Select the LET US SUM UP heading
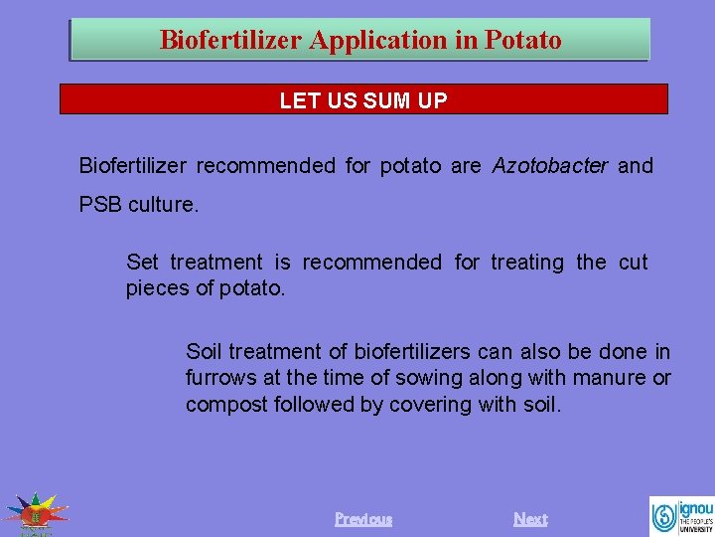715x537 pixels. [363, 100]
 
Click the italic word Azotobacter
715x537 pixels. [550, 166]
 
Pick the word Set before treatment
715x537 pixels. [142, 263]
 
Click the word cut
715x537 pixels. [633, 263]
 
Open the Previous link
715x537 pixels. [363, 519]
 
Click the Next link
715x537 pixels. [530, 519]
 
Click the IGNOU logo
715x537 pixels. [681, 515]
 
